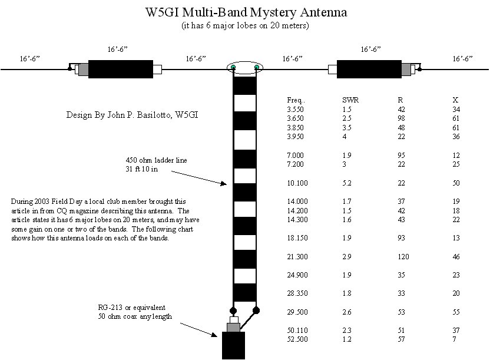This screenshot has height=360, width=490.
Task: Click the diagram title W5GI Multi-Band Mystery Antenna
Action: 246,12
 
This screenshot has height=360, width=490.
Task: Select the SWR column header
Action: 350,100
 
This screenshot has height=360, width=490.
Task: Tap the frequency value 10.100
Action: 297,183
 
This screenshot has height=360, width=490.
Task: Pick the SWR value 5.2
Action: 347,183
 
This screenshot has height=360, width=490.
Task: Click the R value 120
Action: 403,257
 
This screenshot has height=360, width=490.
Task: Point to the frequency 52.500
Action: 297,339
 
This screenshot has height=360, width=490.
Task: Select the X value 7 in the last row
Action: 454,339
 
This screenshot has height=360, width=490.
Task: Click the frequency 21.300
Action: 297,257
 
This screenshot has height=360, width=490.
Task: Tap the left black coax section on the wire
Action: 121,69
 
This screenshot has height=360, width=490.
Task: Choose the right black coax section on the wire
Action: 369,69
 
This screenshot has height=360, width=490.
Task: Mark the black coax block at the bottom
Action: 233,346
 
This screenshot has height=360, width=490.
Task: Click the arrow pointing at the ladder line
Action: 199,178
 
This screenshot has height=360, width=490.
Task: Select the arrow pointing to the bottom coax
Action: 198,330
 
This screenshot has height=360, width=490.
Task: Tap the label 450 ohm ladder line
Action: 156,160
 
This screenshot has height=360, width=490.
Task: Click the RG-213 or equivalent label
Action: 131,308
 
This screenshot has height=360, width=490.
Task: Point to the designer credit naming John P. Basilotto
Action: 132,115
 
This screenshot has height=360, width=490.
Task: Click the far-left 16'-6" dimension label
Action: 29,59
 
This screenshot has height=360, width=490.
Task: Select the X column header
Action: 455,100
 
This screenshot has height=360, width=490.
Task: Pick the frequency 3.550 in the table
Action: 295,110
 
